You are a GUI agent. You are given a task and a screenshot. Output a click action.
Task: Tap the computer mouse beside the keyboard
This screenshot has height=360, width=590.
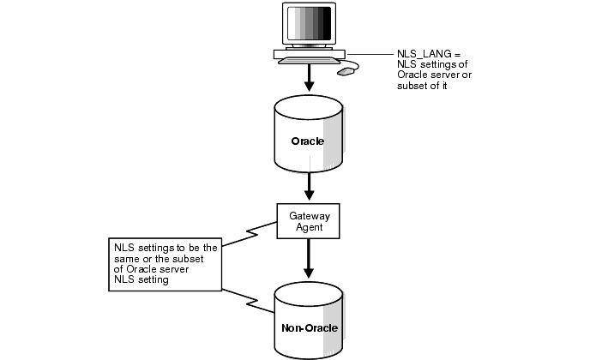point(346,72)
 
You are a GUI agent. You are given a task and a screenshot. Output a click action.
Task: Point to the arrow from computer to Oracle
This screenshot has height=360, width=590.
point(309,82)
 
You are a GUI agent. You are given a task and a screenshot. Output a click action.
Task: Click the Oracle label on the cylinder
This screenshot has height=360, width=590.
point(307,141)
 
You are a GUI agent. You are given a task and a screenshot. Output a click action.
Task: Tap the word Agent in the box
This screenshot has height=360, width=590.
point(308,227)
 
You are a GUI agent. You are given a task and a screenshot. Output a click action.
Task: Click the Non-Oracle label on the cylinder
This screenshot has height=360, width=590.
point(308,327)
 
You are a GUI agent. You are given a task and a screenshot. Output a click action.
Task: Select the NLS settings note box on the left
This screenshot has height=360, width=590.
point(166,263)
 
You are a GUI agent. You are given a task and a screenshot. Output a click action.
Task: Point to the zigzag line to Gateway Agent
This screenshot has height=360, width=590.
point(250,231)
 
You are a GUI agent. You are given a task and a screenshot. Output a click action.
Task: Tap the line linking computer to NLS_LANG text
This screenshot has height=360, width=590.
point(369,55)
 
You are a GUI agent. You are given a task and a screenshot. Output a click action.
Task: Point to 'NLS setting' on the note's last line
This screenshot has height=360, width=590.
point(142,279)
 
